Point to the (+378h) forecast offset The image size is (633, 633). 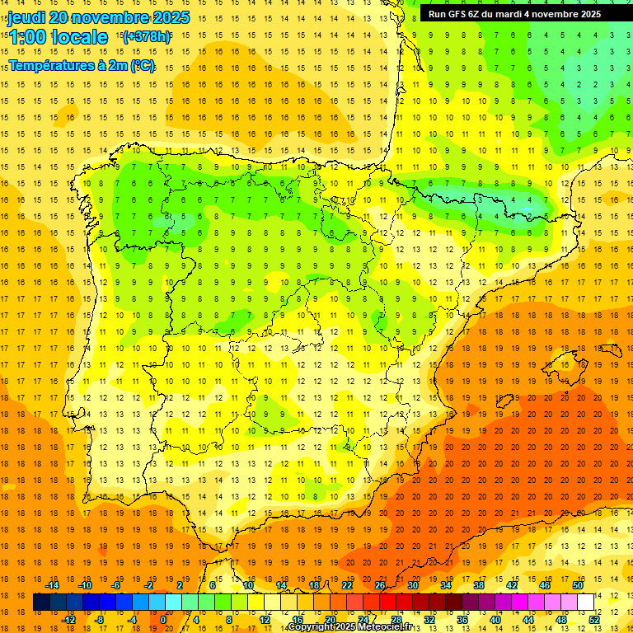pyautogui.click(x=147, y=36)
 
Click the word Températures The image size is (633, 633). pyautogui.click(x=51, y=65)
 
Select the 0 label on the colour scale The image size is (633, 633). pyautogui.click(x=163, y=620)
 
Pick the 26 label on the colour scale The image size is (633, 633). pyautogui.click(x=380, y=585)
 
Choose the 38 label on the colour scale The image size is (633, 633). pyautogui.click(x=478, y=585)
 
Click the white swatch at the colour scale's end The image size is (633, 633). pyautogui.click(x=585, y=603)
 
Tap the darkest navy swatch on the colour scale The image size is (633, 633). pyautogui.click(x=41, y=603)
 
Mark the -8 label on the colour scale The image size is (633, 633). pyautogui.click(x=101, y=620)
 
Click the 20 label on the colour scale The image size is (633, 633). pyautogui.click(x=330, y=620)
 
